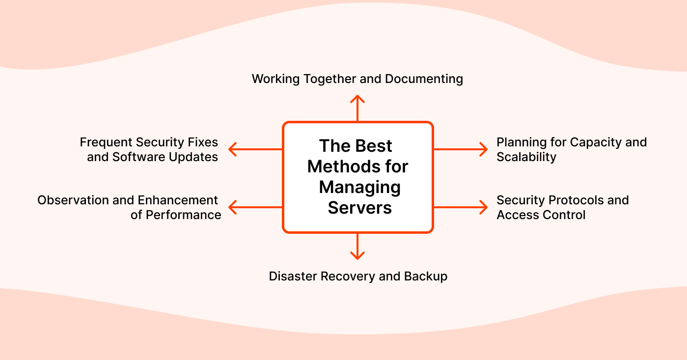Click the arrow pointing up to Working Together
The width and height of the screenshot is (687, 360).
[357, 108]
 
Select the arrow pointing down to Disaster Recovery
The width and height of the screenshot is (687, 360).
[357, 247]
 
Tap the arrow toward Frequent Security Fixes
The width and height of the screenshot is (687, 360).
[255, 149]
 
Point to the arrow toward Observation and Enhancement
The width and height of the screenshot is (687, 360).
[255, 207]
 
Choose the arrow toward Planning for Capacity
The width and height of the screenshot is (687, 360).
[461, 149]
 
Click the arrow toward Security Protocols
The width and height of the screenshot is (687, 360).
[461, 207]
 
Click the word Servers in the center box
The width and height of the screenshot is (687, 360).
[359, 208]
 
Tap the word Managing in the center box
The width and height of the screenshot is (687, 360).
[359, 187]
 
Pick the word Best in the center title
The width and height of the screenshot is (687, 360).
[374, 146]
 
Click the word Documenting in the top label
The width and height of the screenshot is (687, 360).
[424, 79]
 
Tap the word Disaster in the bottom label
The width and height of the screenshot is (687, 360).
[293, 276]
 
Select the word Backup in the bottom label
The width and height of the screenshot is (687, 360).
[426, 276]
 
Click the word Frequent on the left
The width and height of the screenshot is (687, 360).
[105, 142]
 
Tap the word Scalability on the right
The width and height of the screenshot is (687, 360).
[526, 157]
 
